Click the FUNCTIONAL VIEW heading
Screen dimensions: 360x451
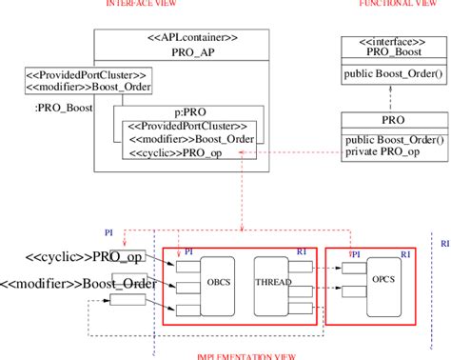(391, 4)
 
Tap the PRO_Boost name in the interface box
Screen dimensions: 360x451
(391, 53)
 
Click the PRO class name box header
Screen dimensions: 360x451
(391, 122)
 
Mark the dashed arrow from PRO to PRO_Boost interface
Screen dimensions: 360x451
(391, 98)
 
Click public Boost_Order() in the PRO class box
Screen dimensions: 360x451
(393, 141)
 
